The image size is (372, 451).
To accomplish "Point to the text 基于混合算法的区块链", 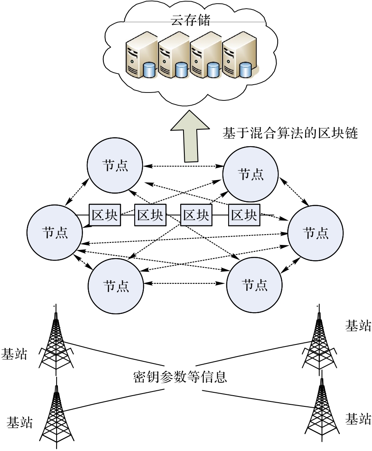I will coord(290,133).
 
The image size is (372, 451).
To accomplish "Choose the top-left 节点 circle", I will coord(115,166).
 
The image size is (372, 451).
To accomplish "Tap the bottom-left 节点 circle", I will coord(116,286).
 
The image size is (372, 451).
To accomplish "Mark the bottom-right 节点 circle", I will coord(254,285).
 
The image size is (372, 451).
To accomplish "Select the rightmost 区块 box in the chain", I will coord(244,215).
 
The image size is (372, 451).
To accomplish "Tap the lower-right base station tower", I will coord(322,413).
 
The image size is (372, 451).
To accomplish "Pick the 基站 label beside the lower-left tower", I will coord(19,422).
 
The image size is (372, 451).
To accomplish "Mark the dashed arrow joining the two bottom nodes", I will coord(185,284).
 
